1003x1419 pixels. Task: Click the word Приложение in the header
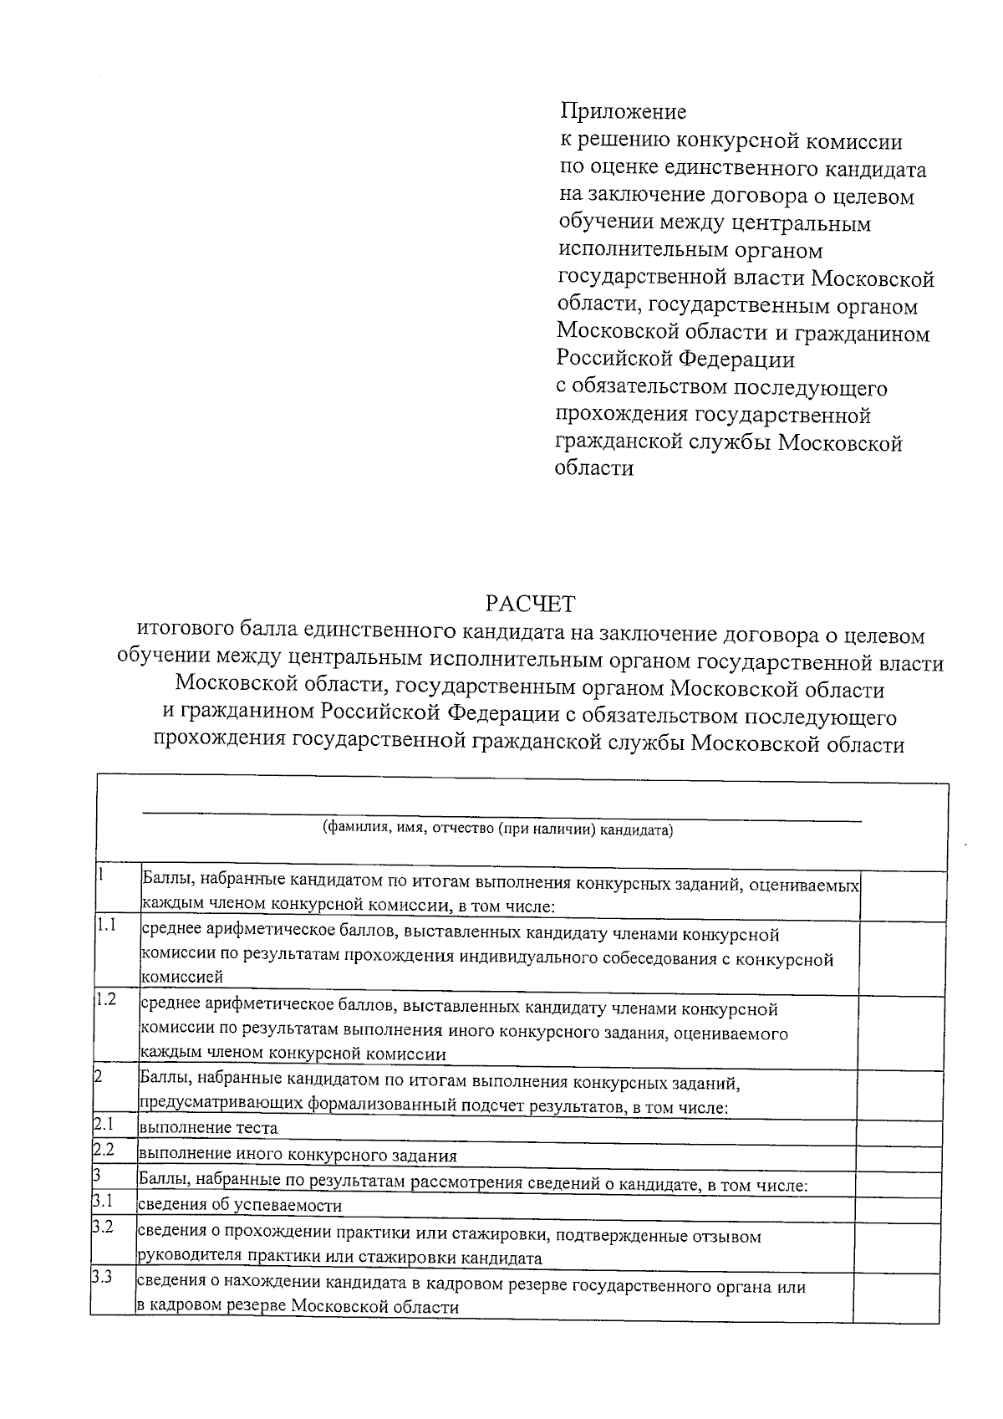tap(623, 111)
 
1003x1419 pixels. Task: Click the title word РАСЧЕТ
tap(532, 603)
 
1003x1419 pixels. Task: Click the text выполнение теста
tap(208, 1128)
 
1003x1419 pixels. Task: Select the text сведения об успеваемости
tap(240, 1206)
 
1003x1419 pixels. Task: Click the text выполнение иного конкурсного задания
tap(298, 1156)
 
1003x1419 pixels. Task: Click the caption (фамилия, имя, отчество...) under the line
tap(498, 829)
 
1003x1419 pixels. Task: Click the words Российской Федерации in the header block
tap(675, 360)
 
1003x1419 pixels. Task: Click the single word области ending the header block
tap(593, 468)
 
